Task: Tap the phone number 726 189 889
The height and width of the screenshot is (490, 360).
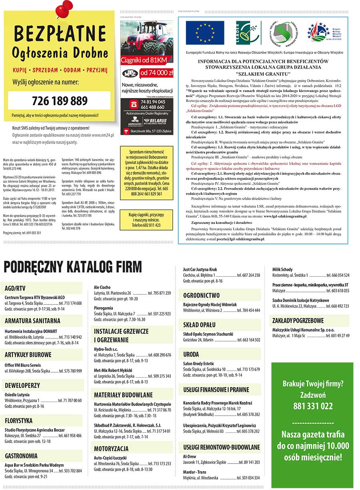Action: [59, 100]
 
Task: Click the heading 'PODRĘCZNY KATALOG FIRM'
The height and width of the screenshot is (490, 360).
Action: [72, 267]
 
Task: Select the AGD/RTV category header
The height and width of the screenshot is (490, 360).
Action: [15, 288]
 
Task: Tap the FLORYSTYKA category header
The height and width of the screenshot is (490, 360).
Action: [19, 421]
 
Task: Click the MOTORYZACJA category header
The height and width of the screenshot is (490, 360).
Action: [111, 448]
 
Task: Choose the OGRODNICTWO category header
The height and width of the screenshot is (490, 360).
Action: [201, 296]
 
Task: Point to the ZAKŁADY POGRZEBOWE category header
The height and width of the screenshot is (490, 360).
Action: [298, 321]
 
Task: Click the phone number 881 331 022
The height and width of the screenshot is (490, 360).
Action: [312, 406]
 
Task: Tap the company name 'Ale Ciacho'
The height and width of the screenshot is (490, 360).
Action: [102, 287]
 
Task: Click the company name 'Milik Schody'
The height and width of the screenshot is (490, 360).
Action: [282, 270]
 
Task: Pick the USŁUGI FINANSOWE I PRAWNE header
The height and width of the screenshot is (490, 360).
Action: [216, 390]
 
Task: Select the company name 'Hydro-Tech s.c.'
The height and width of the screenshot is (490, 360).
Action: [106, 349]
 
